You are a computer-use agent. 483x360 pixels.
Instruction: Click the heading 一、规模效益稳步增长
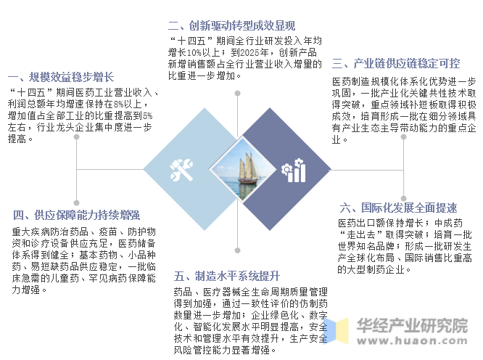click(62, 76)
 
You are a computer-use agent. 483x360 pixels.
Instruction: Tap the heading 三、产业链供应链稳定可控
click(395, 64)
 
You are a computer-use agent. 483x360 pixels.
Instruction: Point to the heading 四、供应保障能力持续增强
click(76, 215)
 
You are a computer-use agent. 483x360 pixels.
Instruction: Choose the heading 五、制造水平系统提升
click(226, 276)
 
